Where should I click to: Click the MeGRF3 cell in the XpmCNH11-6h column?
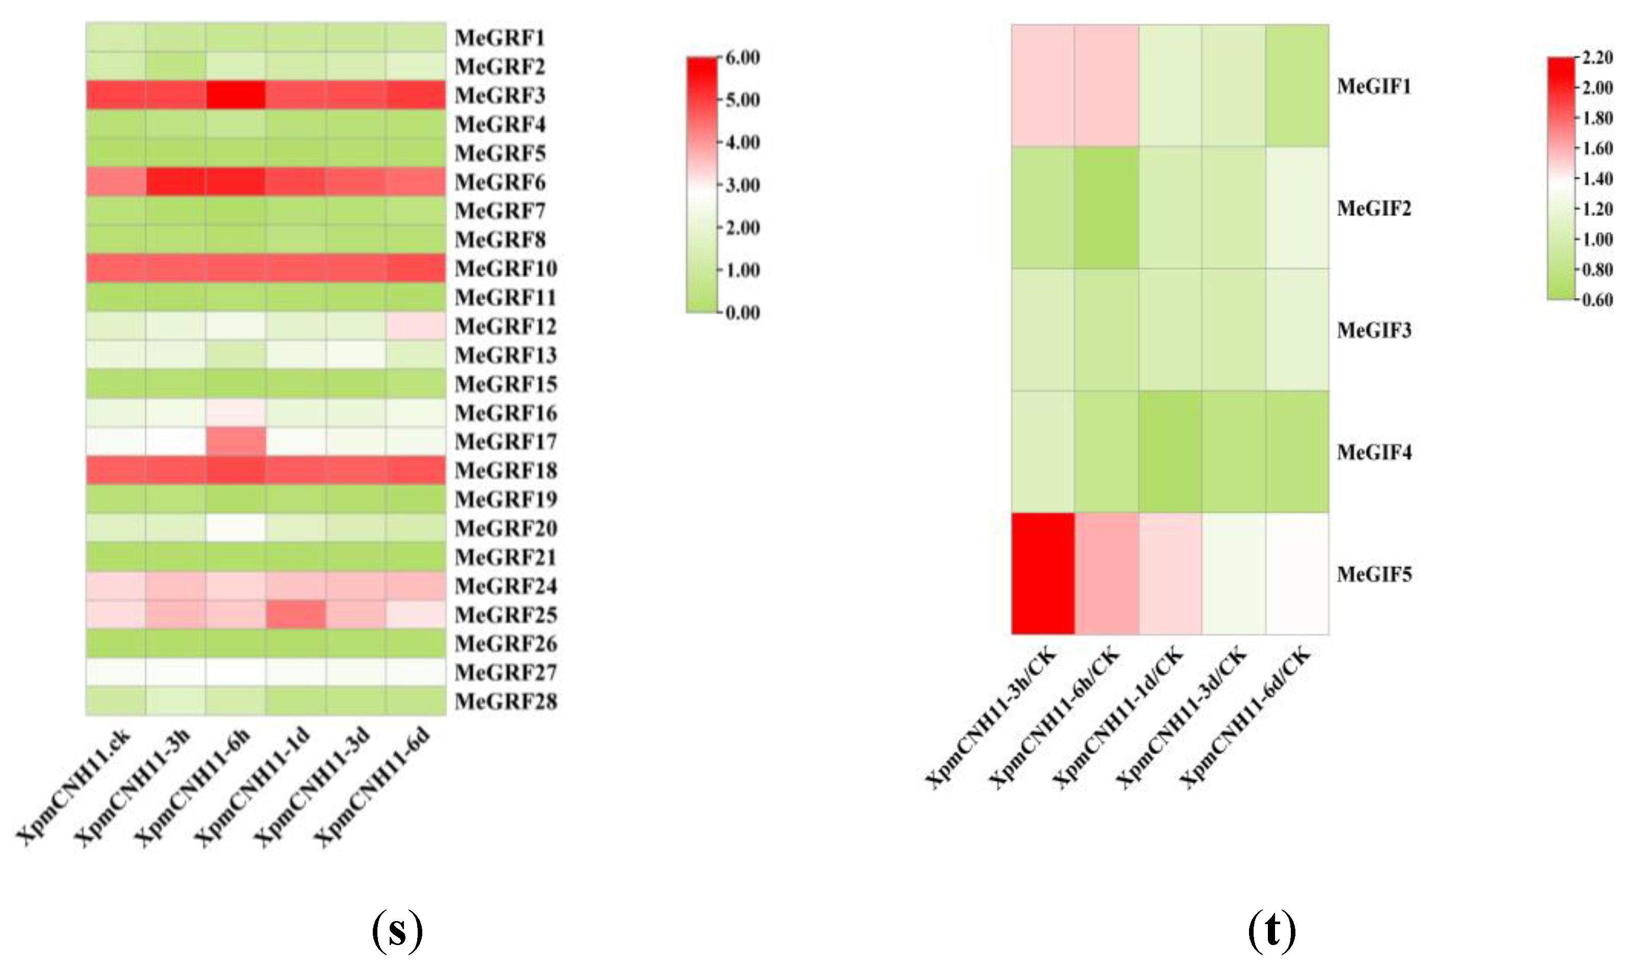[235, 95]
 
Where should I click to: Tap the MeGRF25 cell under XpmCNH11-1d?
[296, 615]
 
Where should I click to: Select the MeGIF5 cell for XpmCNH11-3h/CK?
[1043, 573]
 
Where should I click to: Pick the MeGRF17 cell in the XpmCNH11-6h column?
[235, 441]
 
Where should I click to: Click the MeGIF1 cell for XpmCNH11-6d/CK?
[1297, 86]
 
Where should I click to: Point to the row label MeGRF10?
[505, 268]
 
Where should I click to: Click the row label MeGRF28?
[505, 701]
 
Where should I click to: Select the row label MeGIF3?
[1374, 330]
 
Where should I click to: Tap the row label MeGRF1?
[499, 37]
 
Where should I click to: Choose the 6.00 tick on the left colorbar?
[743, 58]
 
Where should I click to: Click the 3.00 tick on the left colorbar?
[743, 185]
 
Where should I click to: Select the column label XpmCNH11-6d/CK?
[1247, 717]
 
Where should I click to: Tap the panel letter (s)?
[397, 932]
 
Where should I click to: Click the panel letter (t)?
[1271, 932]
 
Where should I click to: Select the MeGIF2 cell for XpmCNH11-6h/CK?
[1107, 208]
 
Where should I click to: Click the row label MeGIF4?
[1374, 452]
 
